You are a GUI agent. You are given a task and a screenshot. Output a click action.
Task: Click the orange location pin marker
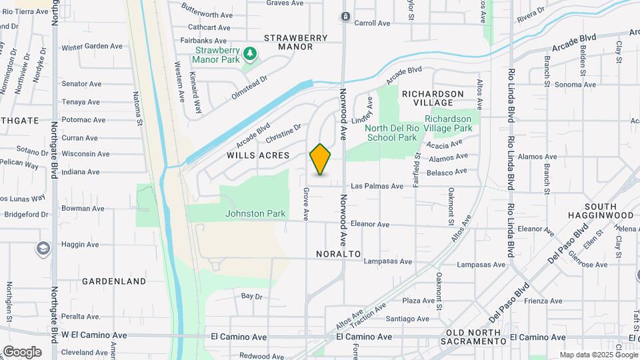coord(321,159)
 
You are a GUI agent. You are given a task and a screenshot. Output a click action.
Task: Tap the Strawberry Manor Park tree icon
coord(249,53)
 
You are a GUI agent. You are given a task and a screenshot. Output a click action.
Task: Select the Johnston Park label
coord(255,214)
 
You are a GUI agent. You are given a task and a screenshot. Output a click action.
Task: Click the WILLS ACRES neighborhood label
coord(258,155)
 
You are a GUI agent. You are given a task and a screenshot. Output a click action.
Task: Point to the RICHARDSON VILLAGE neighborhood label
coord(433,99)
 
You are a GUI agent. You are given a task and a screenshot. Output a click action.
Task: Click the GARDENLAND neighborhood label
coord(114,281)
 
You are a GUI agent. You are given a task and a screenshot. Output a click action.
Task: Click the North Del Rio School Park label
coord(392,133)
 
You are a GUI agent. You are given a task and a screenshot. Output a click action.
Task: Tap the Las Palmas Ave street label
coord(377,186)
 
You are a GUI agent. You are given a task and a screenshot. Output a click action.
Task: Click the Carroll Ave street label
coord(372,23)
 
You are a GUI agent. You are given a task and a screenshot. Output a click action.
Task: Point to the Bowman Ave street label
coord(83,209)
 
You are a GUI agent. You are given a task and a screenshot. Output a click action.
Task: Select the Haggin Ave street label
coord(80,245)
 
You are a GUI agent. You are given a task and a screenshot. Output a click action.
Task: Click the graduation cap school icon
coord(43,249)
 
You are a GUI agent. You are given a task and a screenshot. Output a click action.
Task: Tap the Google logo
coord(22,352)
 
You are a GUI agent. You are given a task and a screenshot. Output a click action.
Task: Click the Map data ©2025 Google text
coord(597,355)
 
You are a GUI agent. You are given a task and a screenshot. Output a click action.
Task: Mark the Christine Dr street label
coord(283,133)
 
